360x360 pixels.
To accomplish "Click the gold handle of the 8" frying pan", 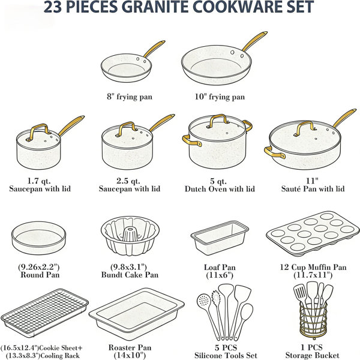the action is pos(154,49).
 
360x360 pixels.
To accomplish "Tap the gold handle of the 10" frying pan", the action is pos(254,41).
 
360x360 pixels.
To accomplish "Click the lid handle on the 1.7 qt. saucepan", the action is pos(38,131).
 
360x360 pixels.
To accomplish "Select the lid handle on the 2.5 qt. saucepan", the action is pos(127,128).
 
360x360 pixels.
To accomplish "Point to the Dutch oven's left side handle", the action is pos(191,141).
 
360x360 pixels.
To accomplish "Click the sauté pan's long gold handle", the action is pos(344,118).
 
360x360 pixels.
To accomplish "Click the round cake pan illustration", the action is pos(38,238).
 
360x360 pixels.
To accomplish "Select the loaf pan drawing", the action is pos(220,238).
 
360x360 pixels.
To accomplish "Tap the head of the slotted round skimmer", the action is pos(203,301).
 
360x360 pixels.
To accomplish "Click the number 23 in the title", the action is pos(53,7).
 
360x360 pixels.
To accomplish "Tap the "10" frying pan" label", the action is pos(220,97).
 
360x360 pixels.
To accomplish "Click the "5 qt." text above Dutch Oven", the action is pos(218,181).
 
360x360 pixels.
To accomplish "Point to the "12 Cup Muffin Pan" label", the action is pos(313,267).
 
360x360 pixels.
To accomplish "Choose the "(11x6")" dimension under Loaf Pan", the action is pos(220,275).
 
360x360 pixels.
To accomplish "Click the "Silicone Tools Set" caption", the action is pos(226,355).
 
